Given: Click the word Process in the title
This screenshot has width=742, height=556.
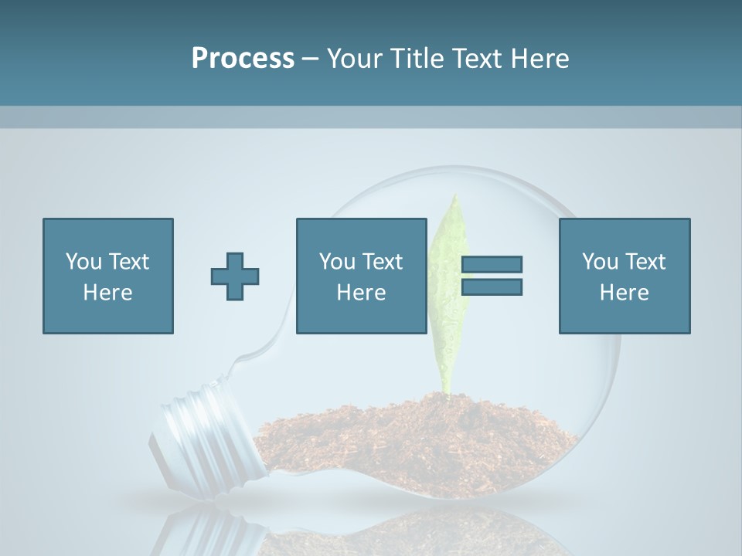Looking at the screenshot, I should pos(243,59).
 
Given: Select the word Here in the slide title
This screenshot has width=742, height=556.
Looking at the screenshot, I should pos(539,59).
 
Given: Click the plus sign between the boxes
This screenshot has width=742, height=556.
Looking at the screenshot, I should pos(235,276).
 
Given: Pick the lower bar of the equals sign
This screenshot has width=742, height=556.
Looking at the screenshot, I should pos(492,287).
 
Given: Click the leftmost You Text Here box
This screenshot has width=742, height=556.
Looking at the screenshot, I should pos(108,276).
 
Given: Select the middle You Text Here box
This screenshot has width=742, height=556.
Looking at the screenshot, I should pos(362,276).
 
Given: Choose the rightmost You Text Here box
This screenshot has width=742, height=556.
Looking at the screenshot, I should pos(625,276).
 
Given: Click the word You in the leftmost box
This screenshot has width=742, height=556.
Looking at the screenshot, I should pos(83,262).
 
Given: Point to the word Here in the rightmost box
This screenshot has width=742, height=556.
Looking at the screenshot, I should pos(625,293).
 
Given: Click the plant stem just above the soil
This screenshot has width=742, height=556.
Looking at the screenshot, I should pos(446,383).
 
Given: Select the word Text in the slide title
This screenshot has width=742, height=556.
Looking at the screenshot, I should pos(479,59).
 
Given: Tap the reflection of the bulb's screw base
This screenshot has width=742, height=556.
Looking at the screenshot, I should pos(185,533).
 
